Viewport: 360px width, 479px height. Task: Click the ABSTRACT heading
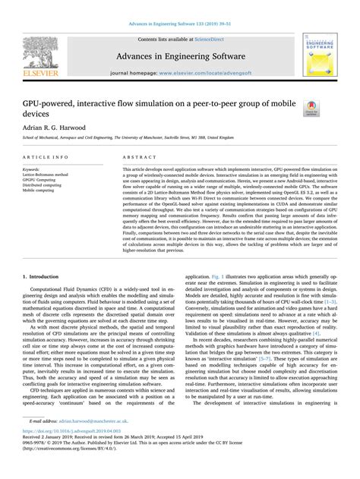click(134, 157)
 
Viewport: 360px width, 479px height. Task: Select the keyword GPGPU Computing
click(39, 180)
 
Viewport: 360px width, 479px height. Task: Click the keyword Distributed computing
click(43, 185)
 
